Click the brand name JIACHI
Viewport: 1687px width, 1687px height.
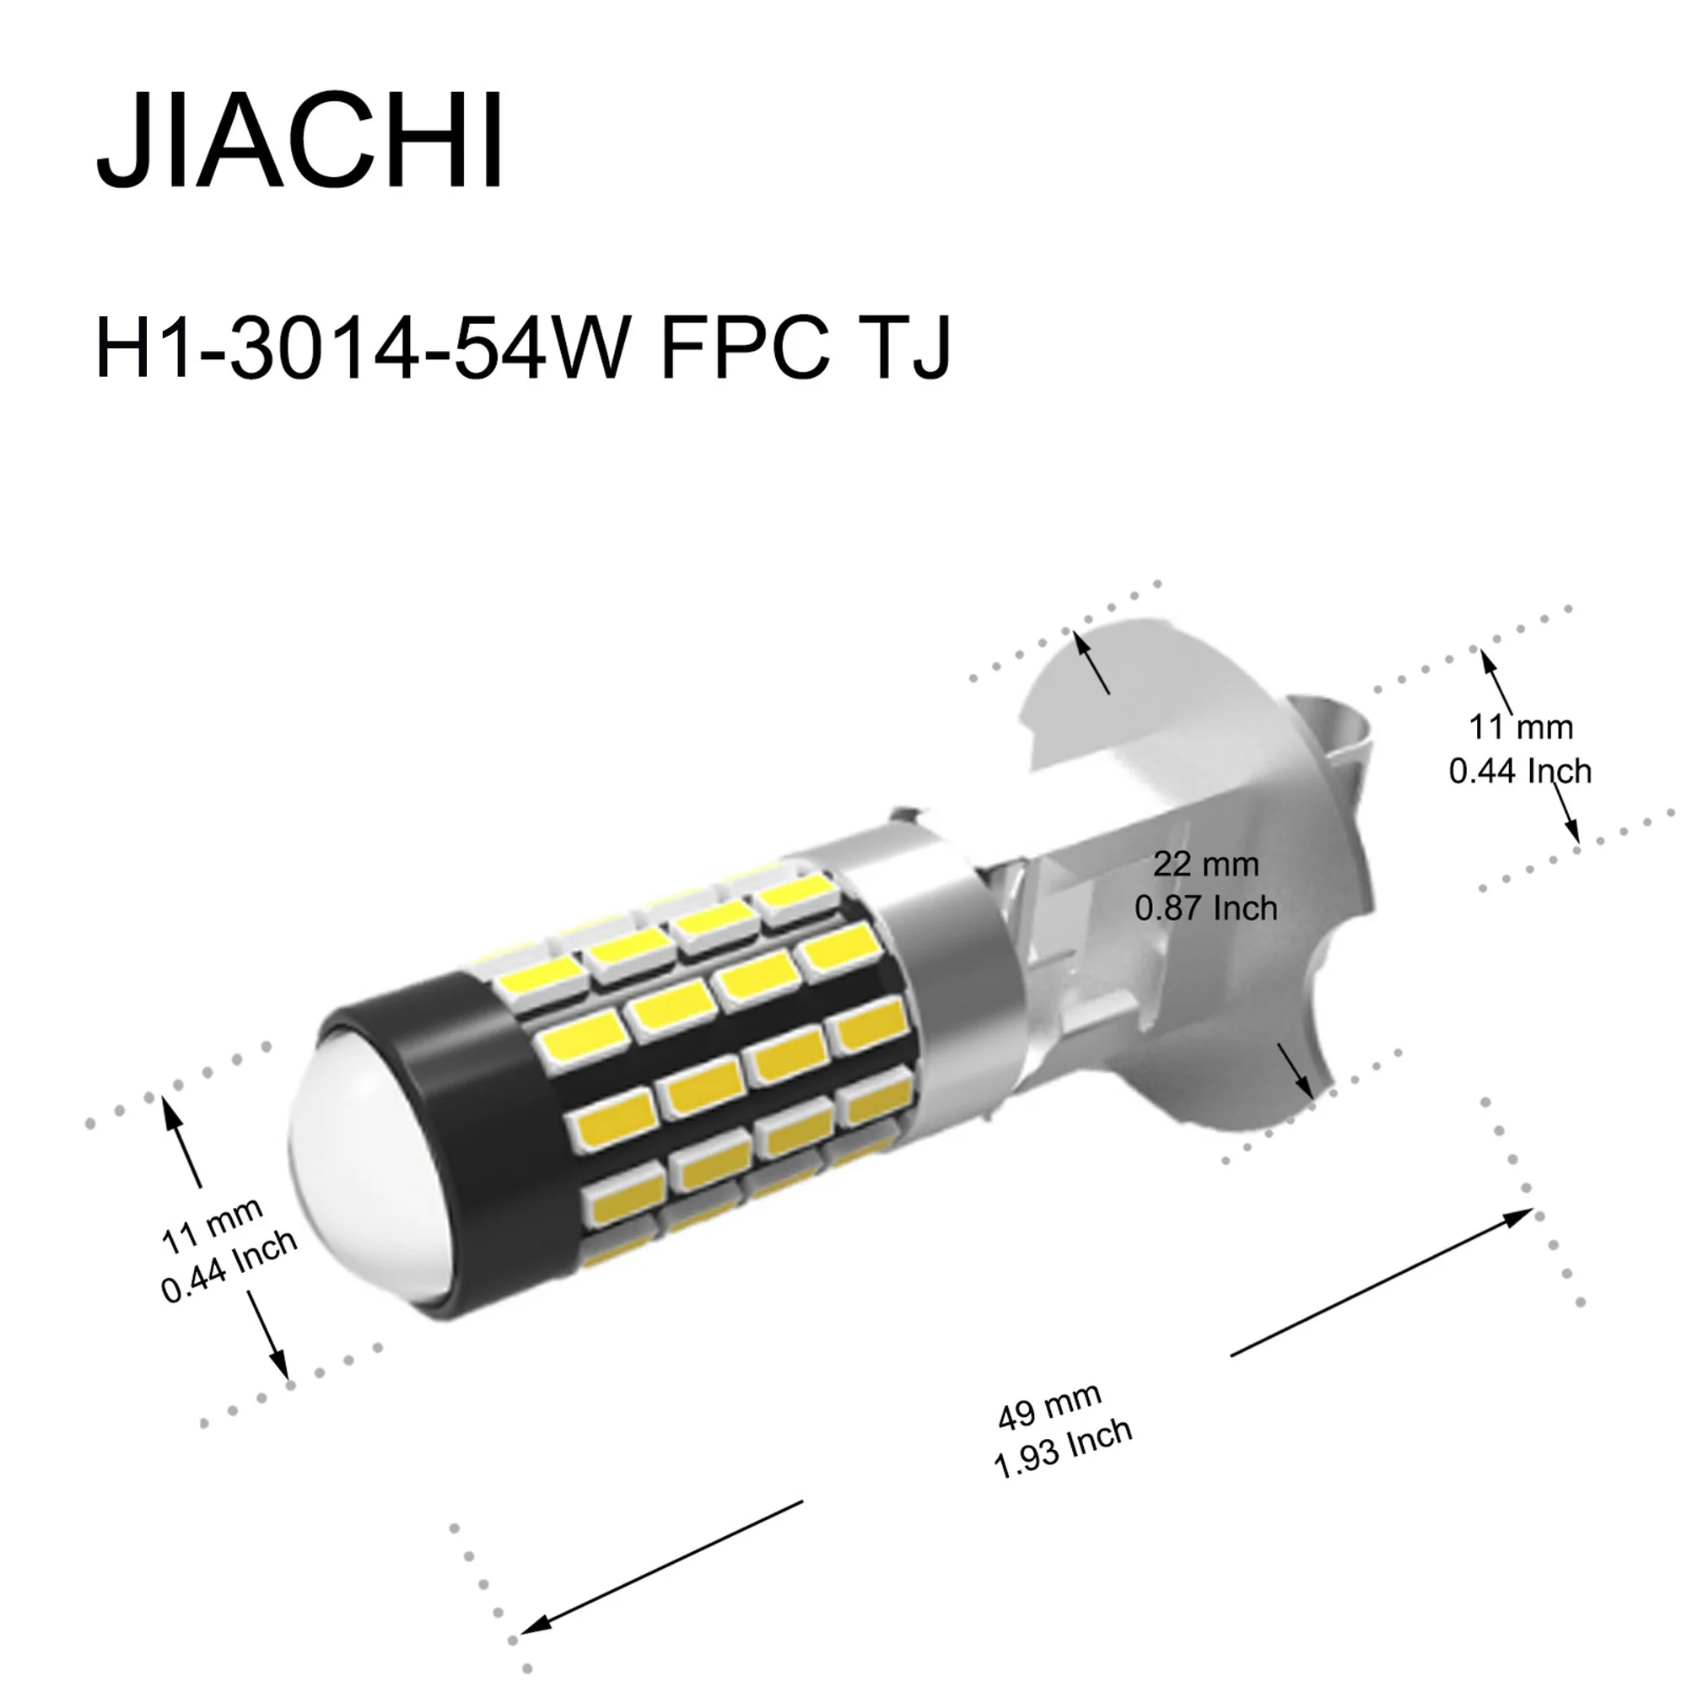[x=299, y=140]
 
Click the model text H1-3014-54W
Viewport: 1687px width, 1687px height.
[x=362, y=348]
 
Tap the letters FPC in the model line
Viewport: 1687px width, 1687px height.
[x=745, y=348]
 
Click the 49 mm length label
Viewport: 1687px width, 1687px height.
[x=1048, y=1407]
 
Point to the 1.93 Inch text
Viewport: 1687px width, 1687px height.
[x=1063, y=1448]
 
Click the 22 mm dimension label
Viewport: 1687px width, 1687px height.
[x=1206, y=865]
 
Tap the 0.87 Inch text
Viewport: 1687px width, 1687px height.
[x=1206, y=908]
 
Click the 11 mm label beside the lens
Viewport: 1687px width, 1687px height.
[x=213, y=1224]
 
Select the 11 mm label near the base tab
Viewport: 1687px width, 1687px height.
[x=1521, y=727]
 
